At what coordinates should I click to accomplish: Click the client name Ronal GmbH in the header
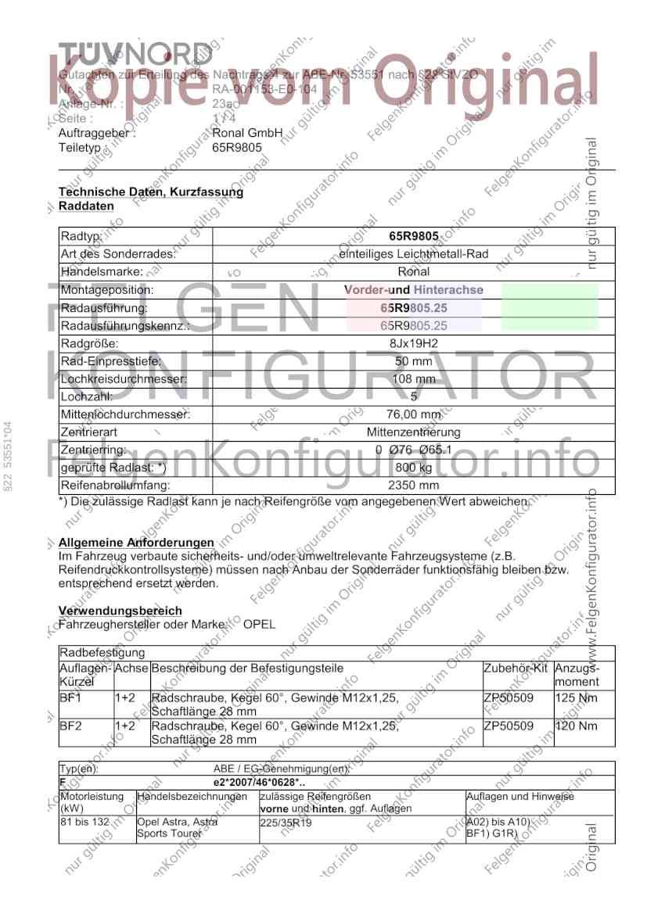246,133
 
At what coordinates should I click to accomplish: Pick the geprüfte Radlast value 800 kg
414,468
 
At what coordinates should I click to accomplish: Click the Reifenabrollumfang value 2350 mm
414,486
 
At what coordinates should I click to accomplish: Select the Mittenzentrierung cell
414,432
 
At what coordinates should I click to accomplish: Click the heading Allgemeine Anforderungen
136,543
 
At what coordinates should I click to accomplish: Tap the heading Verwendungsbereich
120,611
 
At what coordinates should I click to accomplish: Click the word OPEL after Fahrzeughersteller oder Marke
259,625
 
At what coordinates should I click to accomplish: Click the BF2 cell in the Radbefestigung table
70,726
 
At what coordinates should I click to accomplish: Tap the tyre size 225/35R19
285,823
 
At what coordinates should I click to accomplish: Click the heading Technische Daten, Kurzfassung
151,192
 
